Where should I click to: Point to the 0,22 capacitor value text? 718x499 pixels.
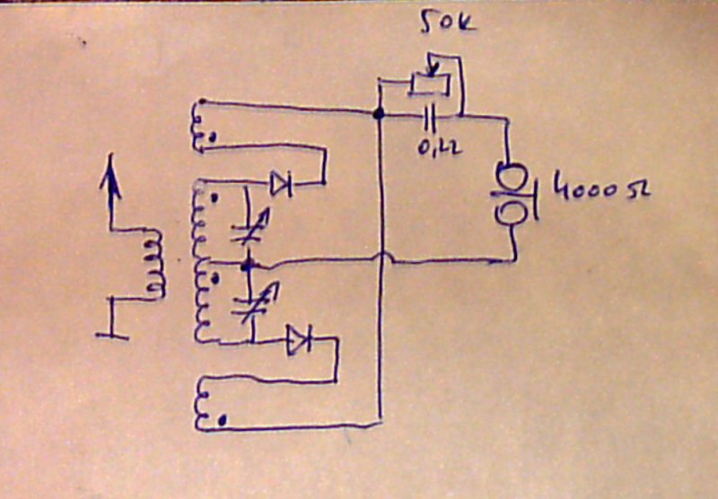tap(440, 146)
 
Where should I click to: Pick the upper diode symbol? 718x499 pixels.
tap(281, 185)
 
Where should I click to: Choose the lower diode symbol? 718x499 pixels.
tap(298, 340)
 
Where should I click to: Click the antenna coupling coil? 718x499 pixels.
tap(155, 265)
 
